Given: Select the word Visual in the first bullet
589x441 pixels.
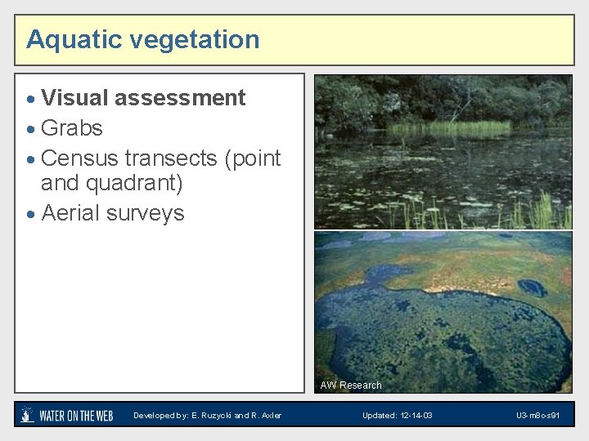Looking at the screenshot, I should [75, 98].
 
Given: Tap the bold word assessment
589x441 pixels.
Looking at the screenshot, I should [180, 98].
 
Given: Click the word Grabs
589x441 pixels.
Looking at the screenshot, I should [72, 128].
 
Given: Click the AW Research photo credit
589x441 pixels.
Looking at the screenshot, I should [351, 385].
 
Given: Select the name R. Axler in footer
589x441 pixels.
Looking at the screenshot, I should [265, 416].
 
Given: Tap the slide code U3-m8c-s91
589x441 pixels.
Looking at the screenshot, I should [537, 416].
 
